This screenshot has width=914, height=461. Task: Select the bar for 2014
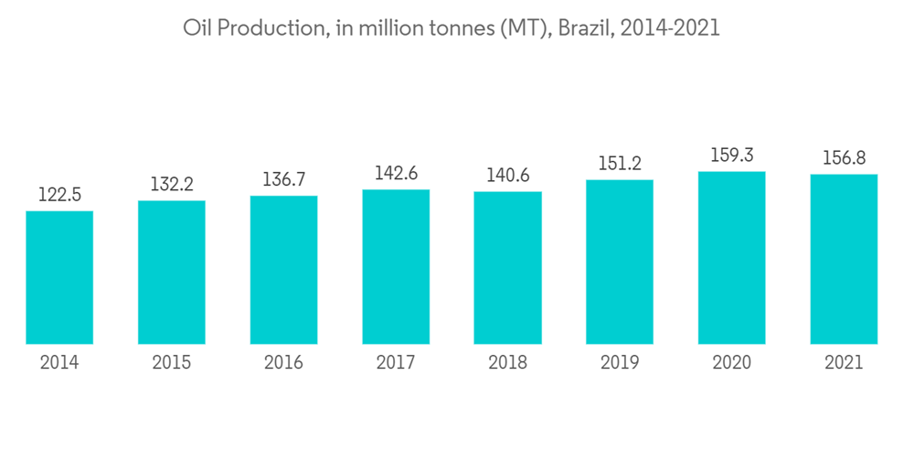pos(59,277)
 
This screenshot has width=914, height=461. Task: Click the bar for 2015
pos(172,273)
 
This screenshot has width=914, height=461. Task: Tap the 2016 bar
pos(283,270)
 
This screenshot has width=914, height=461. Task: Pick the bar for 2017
pos(396,267)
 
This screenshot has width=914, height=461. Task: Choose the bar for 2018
pos(507,268)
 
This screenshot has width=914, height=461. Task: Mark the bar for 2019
pos(620,262)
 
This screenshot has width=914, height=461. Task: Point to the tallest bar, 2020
pos(731,258)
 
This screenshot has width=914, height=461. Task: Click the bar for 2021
pos(844,259)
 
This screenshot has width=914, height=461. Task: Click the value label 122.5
pos(59,195)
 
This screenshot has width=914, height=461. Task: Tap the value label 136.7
pos(283,179)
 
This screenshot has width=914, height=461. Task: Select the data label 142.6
pos(396,173)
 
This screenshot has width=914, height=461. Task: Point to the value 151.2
pos(620,164)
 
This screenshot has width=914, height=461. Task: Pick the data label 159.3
pos(731,155)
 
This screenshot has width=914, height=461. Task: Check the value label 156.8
pos(844,158)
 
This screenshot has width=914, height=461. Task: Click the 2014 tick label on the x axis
pos(59,363)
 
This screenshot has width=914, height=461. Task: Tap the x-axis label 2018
pos(507,363)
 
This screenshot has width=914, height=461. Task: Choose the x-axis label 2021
pos(844,363)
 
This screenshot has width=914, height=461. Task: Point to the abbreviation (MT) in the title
pos(522,28)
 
